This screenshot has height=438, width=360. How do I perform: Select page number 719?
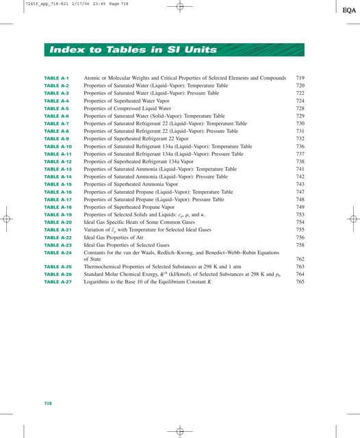[x=300, y=79]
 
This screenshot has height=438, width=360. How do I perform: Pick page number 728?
[x=300, y=108]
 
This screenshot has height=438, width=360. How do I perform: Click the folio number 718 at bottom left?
[x=48, y=404]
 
